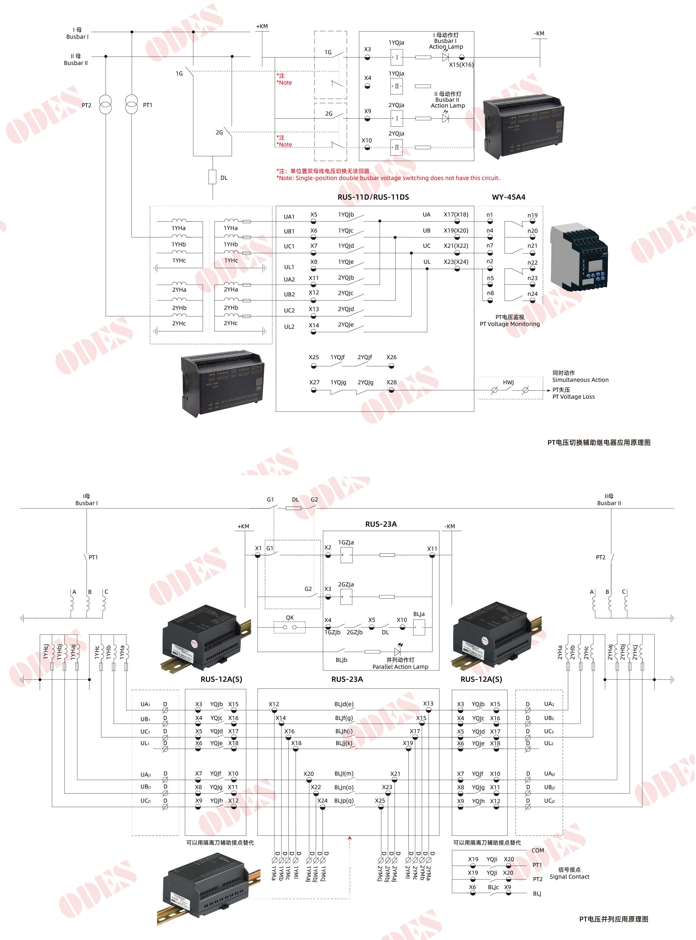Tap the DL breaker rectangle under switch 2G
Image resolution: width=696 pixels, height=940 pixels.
coord(213,177)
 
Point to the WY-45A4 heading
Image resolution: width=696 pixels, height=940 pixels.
coord(509,197)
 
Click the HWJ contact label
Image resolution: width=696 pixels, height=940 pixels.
coord(508,382)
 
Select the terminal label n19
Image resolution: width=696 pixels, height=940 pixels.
coord(533,215)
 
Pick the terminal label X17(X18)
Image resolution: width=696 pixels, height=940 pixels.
coord(456,214)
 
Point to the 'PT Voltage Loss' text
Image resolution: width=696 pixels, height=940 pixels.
coord(574,397)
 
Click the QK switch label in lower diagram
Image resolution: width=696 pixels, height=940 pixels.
coord(290,617)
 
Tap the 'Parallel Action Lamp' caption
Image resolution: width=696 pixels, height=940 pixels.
coord(400,667)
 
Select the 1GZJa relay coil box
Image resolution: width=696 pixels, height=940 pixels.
coord(346,555)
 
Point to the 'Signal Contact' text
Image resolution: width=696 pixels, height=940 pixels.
coord(569,877)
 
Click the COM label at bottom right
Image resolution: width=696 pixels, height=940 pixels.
coord(538,850)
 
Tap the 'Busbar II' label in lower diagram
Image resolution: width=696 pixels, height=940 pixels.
coord(609,503)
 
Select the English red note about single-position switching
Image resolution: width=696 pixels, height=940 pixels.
coord(388,178)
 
